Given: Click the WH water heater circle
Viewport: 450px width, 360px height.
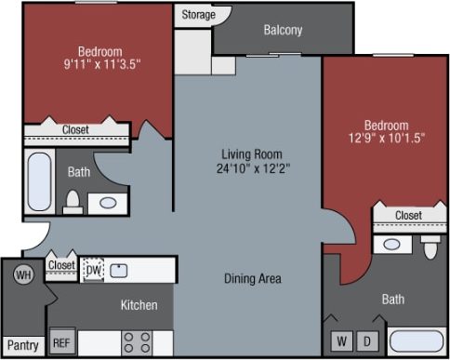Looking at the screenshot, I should (x=23, y=275).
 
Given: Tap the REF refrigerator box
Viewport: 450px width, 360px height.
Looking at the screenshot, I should (x=62, y=340).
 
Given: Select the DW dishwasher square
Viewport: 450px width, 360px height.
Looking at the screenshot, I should (x=93, y=270).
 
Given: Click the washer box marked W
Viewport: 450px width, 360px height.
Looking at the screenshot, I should (x=341, y=340).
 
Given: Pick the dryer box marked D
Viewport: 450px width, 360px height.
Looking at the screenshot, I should (x=367, y=340).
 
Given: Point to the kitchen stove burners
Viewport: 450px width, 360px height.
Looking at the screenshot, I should (x=139, y=340).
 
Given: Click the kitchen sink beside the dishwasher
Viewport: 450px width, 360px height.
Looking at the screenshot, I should (x=119, y=271).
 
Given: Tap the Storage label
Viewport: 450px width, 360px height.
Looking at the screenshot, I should (x=198, y=15).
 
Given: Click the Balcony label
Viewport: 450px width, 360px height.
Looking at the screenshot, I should (x=283, y=30).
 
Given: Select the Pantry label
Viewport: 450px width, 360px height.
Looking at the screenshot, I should (x=22, y=345).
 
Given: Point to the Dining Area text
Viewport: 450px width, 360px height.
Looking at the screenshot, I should (x=252, y=278).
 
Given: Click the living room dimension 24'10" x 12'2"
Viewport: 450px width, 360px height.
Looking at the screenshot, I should (x=251, y=169).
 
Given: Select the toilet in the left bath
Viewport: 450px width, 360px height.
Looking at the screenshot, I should (x=73, y=201).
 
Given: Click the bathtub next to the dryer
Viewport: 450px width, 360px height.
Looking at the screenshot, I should (x=416, y=340).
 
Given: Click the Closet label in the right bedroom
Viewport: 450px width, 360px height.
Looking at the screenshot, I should (x=408, y=215).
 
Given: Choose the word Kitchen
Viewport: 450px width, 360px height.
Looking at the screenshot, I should (x=139, y=305).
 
